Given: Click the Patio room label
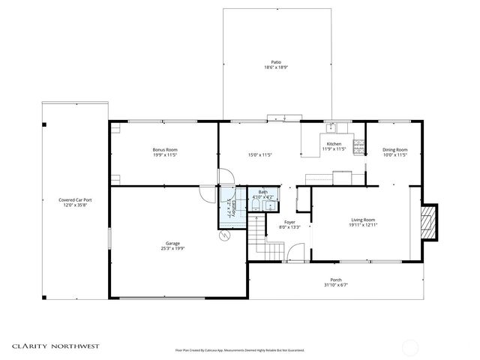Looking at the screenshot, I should [277, 62].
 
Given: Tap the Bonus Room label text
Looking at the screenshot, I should [165, 150].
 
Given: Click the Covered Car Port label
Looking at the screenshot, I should [74, 199].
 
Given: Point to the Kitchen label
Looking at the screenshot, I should [334, 144].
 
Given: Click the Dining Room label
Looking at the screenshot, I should [394, 150].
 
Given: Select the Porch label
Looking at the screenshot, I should [336, 280].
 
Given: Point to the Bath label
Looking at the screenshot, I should [262, 193].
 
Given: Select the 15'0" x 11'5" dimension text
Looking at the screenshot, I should [259, 155].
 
